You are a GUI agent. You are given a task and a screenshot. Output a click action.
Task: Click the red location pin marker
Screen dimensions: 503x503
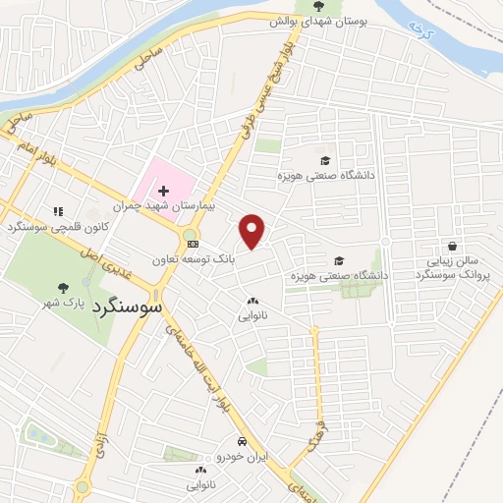pos(252,230)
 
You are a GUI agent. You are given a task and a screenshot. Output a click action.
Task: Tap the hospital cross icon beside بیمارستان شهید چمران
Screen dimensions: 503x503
pos(164,189)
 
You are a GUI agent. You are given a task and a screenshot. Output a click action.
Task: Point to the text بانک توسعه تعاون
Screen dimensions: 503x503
pos(193,259)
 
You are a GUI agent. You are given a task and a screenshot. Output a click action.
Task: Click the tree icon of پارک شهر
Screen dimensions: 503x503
pos(64,288)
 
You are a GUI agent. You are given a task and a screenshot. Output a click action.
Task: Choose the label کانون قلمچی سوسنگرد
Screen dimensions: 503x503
pos(55,228)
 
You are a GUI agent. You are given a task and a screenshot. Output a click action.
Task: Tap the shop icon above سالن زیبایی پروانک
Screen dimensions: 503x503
pos(451,247)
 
